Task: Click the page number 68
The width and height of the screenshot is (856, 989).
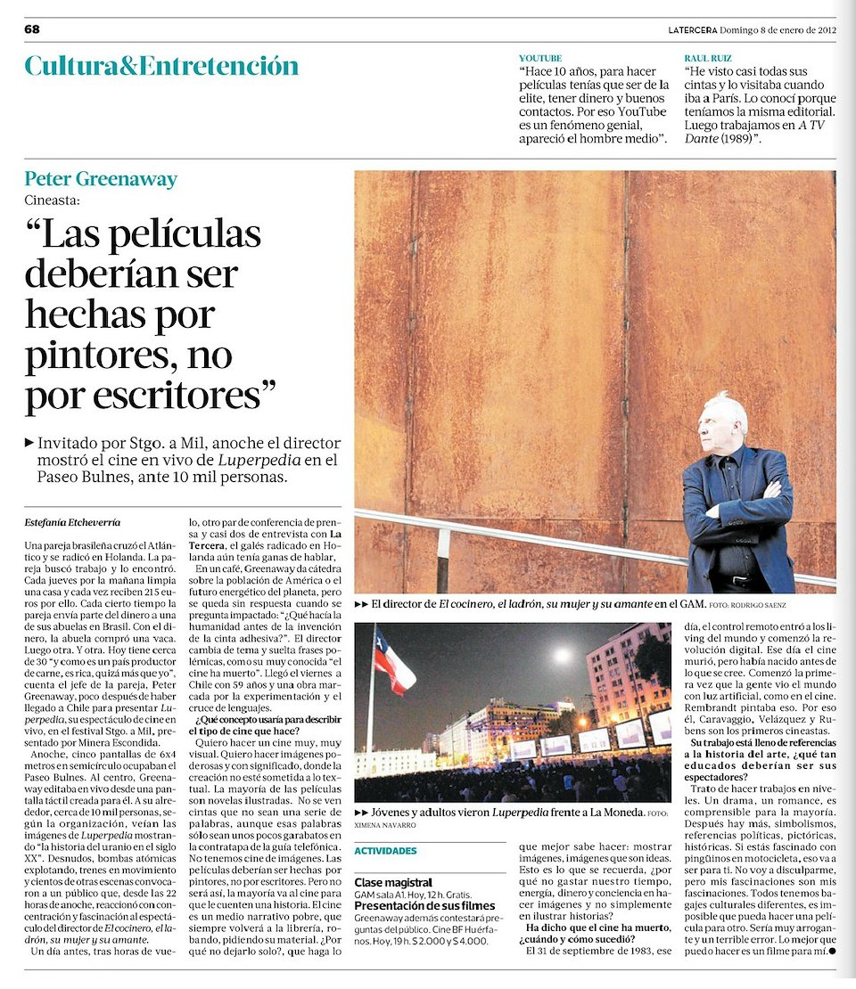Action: point(32,29)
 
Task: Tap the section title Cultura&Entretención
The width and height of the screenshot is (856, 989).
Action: point(161,66)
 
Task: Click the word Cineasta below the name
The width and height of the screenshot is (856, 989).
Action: point(53,200)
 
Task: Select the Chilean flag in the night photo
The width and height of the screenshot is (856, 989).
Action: point(392,661)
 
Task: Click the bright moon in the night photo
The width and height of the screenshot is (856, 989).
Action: point(562,655)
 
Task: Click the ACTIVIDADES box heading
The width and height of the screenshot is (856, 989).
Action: point(385,851)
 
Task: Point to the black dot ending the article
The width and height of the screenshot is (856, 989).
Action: point(832,951)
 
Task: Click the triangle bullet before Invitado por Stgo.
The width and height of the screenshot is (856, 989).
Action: point(30,441)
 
